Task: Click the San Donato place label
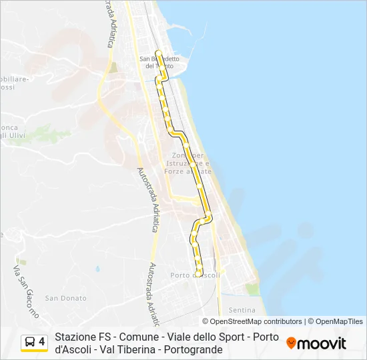click(65, 298)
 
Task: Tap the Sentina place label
click(242, 310)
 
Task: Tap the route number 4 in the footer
click(42, 342)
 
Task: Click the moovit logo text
click(322, 343)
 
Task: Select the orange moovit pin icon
click(291, 343)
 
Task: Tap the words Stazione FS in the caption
click(79, 337)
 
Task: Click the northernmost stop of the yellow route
click(157, 52)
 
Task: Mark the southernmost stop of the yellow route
click(199, 273)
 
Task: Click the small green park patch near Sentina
click(252, 289)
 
